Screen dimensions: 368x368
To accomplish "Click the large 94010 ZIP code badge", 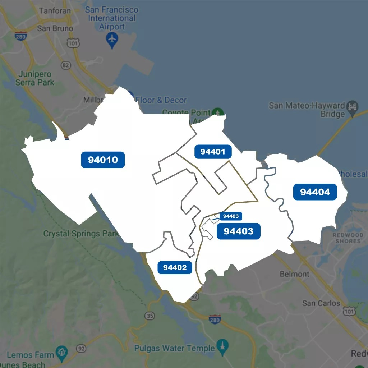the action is click(x=103, y=160).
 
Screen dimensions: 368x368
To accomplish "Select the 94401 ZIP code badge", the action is click(x=213, y=152).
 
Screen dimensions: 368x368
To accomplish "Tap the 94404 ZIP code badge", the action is click(x=315, y=192).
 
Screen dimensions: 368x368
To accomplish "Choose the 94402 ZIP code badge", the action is click(x=175, y=267).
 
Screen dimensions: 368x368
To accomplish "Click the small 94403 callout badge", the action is click(x=231, y=216).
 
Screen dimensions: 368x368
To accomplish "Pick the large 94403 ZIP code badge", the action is click(x=238, y=231).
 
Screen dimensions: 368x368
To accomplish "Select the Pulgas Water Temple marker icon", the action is click(x=223, y=347).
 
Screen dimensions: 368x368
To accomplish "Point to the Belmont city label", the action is click(x=294, y=274).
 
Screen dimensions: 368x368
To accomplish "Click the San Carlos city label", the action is click(x=321, y=303).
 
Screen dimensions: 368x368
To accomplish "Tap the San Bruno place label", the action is click(x=55, y=28).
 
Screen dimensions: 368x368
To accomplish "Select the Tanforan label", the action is click(x=55, y=10).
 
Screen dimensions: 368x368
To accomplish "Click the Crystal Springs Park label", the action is click(x=81, y=234).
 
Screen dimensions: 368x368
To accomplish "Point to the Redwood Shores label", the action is click(x=348, y=238).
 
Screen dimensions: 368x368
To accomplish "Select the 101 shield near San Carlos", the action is click(x=349, y=312).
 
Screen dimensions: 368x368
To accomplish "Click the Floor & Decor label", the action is click(x=161, y=100).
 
